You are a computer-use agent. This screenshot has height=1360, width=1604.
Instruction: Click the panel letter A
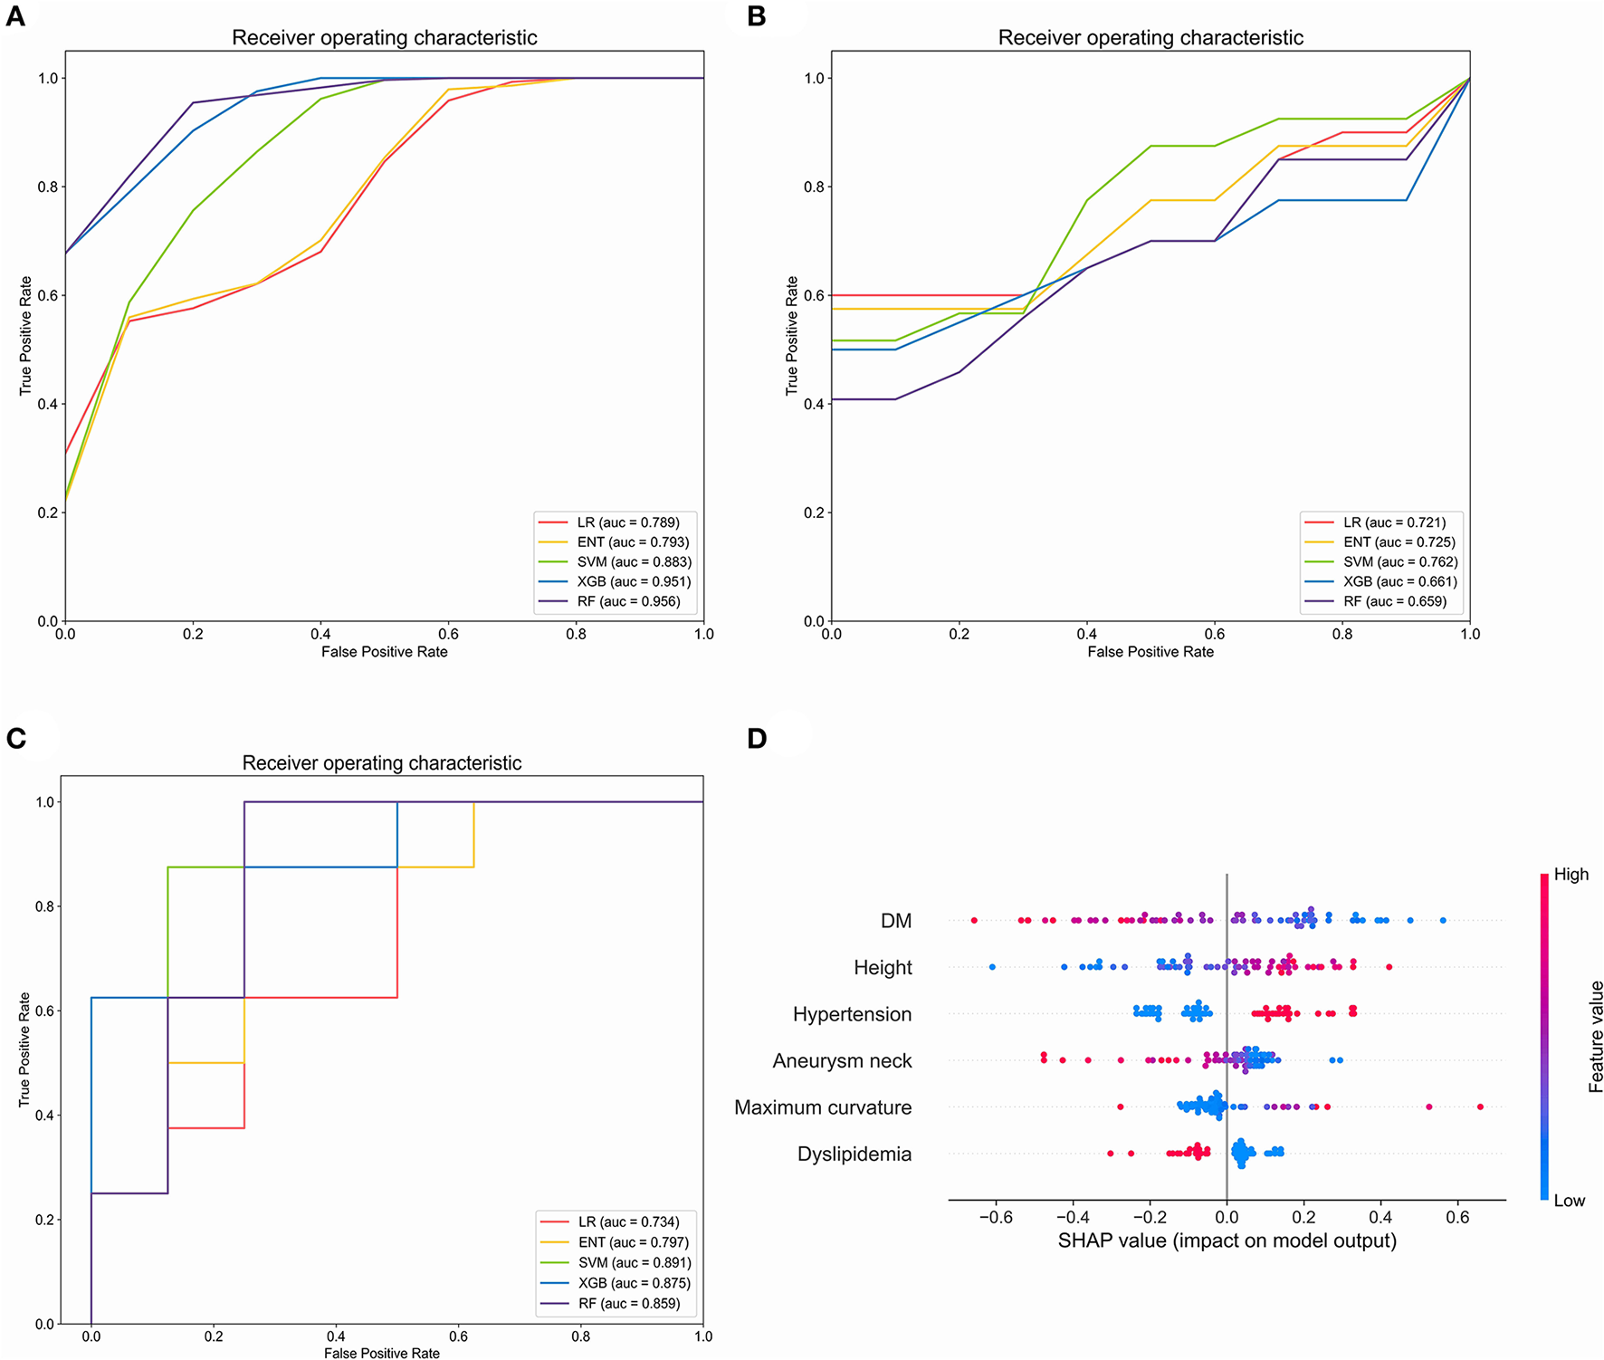pyautogui.click(x=15, y=16)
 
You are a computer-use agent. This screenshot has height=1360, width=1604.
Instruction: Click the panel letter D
pyautogui.click(x=757, y=738)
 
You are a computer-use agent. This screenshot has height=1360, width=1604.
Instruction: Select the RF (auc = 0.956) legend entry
pyautogui.click(x=628, y=601)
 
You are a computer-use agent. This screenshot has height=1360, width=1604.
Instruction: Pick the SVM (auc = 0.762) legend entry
pyautogui.click(x=1399, y=562)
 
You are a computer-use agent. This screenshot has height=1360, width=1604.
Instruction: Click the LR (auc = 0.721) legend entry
pyautogui.click(x=1394, y=522)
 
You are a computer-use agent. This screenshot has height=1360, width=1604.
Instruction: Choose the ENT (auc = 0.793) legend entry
pyautogui.click(x=633, y=542)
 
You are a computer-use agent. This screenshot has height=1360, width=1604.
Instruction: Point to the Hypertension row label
pyautogui.click(x=852, y=1014)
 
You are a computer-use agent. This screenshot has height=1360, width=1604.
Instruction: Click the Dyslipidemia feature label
pyautogui.click(x=854, y=1154)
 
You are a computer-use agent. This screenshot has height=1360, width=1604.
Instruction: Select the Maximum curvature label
pyautogui.click(x=822, y=1107)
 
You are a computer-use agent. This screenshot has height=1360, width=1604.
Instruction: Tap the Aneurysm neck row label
pyautogui.click(x=842, y=1061)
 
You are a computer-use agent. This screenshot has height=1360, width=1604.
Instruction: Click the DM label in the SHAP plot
pyautogui.click(x=895, y=921)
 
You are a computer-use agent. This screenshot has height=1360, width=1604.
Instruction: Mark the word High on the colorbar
pyautogui.click(x=1571, y=875)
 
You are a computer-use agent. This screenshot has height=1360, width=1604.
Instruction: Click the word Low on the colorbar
pyautogui.click(x=1569, y=1201)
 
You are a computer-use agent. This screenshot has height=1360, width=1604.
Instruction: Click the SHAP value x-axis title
pyautogui.click(x=1227, y=1240)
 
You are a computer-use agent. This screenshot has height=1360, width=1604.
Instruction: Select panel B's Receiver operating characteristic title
pyautogui.click(x=1150, y=38)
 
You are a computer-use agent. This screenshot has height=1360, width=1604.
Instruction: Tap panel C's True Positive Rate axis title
pyautogui.click(x=24, y=1049)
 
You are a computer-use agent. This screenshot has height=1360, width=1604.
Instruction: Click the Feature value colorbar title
pyautogui.click(x=1595, y=1037)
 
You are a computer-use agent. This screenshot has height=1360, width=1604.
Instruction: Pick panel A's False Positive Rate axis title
pyautogui.click(x=384, y=652)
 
